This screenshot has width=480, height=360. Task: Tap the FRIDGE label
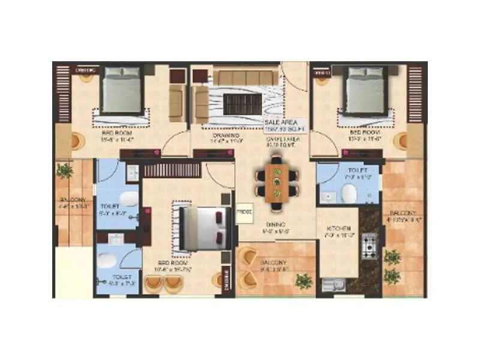(244, 212)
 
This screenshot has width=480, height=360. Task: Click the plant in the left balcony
(64, 171)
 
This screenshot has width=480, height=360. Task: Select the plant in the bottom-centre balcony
(304, 280)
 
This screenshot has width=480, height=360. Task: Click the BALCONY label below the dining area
(273, 263)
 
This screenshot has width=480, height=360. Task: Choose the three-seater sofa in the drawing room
(247, 78)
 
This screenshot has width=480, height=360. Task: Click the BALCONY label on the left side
(72, 200)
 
